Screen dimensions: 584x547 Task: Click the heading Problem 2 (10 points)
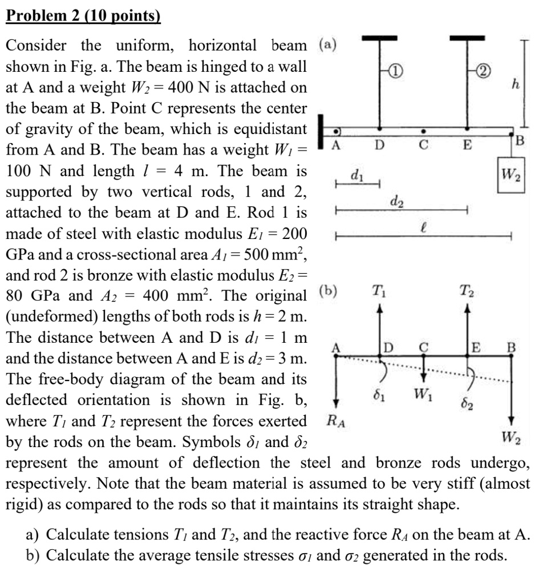[x=83, y=15]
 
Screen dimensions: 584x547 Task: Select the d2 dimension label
[x=395, y=200]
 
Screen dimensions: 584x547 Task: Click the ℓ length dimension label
[x=422, y=227]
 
